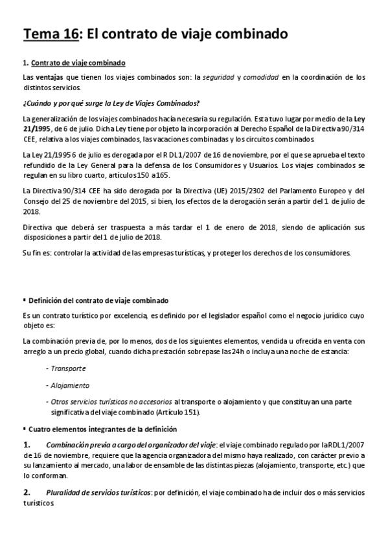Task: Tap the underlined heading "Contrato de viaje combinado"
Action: [x=78, y=62]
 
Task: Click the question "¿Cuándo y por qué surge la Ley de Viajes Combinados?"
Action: [x=110, y=104]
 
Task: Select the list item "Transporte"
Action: [x=69, y=367]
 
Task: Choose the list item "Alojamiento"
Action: [x=70, y=384]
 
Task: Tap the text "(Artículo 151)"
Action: [x=177, y=412]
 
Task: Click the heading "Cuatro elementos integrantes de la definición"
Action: [x=104, y=429]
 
